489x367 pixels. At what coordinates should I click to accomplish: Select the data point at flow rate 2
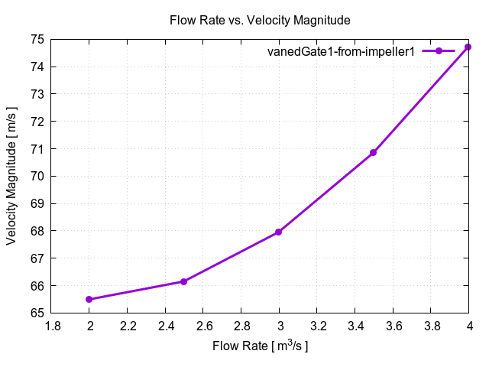pos(89,299)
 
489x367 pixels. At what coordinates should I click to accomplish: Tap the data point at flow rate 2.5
pos(184,281)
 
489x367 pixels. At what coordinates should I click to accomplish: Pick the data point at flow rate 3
pos(279,232)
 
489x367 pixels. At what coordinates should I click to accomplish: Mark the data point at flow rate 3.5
pos(374,153)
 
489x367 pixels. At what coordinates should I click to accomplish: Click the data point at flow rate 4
pos(468,47)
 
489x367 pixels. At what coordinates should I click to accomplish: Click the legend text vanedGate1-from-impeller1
pos(340,51)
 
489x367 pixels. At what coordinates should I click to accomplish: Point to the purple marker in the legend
pos(439,51)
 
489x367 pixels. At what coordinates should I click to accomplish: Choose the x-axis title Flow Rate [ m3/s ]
pos(261,346)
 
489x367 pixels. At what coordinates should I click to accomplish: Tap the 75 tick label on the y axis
pos(36,39)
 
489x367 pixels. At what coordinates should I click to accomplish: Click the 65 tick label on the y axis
pos(36,313)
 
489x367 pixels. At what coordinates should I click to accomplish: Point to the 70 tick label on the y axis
pos(36,176)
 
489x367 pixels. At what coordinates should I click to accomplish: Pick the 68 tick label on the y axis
pos(36,231)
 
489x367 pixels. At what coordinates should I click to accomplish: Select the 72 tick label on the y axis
pos(36,121)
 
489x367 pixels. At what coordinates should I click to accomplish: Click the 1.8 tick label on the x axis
pos(52,326)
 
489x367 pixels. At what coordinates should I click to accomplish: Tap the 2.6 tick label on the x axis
pos(203,326)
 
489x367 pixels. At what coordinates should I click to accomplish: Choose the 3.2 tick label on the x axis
pos(317,326)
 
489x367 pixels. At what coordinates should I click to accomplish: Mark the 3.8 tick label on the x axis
pos(430,326)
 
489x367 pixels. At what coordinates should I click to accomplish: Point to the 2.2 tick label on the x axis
pos(128,326)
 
